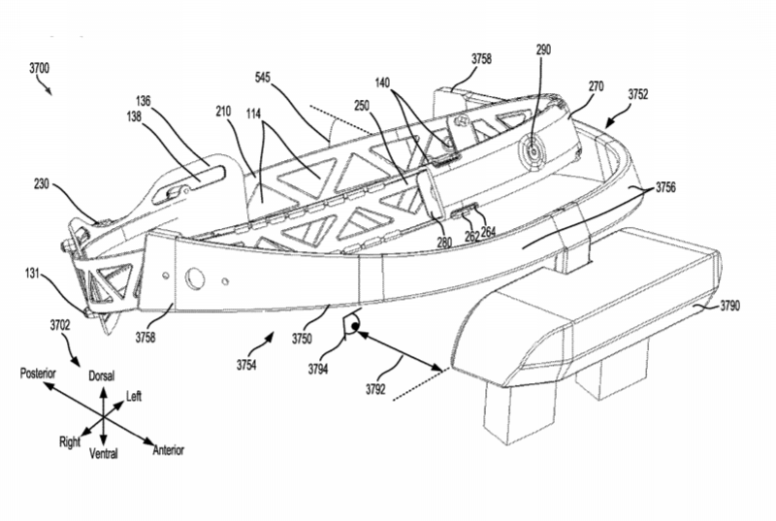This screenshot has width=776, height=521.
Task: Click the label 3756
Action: pyautogui.click(x=667, y=185)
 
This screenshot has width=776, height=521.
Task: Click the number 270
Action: pyautogui.click(x=596, y=88)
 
